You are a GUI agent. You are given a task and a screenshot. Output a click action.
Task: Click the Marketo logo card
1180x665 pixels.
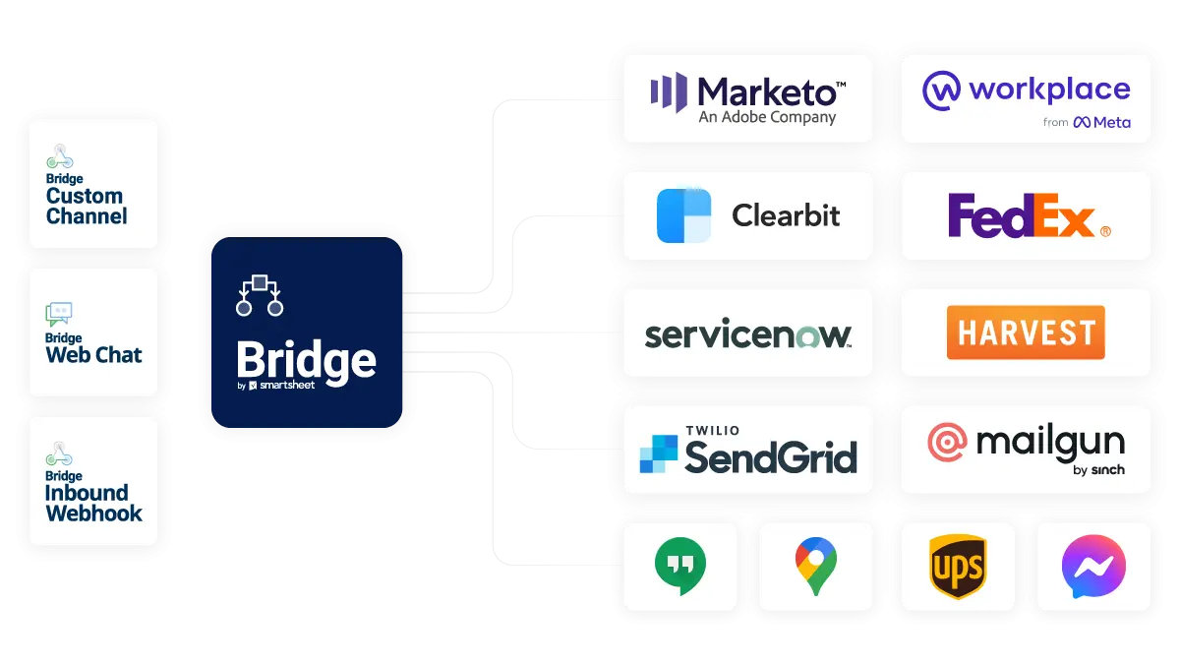click(x=747, y=98)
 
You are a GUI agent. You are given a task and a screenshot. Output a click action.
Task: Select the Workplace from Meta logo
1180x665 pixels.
click(x=1026, y=98)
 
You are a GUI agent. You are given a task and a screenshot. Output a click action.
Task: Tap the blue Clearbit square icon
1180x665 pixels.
click(x=683, y=215)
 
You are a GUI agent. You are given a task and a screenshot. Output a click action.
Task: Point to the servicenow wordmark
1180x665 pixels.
click(x=747, y=333)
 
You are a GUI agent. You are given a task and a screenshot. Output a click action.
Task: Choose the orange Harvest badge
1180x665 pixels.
click(x=1026, y=332)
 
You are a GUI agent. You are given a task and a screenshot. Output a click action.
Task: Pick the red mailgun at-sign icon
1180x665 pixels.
click(x=947, y=443)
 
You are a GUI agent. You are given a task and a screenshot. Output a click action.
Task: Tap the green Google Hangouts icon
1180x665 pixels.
click(x=680, y=567)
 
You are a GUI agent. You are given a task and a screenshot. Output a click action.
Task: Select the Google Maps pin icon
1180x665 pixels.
click(x=816, y=567)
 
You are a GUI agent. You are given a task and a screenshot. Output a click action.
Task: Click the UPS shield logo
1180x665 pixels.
click(x=958, y=567)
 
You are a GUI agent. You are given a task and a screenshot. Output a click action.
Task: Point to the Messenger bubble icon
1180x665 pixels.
click(x=1093, y=567)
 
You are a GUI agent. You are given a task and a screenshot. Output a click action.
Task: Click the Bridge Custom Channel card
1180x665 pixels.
click(x=93, y=184)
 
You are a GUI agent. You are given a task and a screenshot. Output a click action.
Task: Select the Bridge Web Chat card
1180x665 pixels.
click(x=93, y=332)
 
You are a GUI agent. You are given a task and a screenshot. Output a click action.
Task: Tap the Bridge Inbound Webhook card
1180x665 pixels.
click(x=93, y=481)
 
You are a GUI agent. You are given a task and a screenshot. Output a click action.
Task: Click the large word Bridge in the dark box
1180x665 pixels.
click(x=306, y=361)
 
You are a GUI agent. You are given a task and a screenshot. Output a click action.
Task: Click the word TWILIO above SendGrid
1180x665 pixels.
click(x=714, y=431)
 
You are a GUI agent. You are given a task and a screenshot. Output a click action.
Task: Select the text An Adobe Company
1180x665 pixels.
click(x=767, y=117)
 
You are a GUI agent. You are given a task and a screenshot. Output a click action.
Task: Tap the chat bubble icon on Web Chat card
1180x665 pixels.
click(x=59, y=314)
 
